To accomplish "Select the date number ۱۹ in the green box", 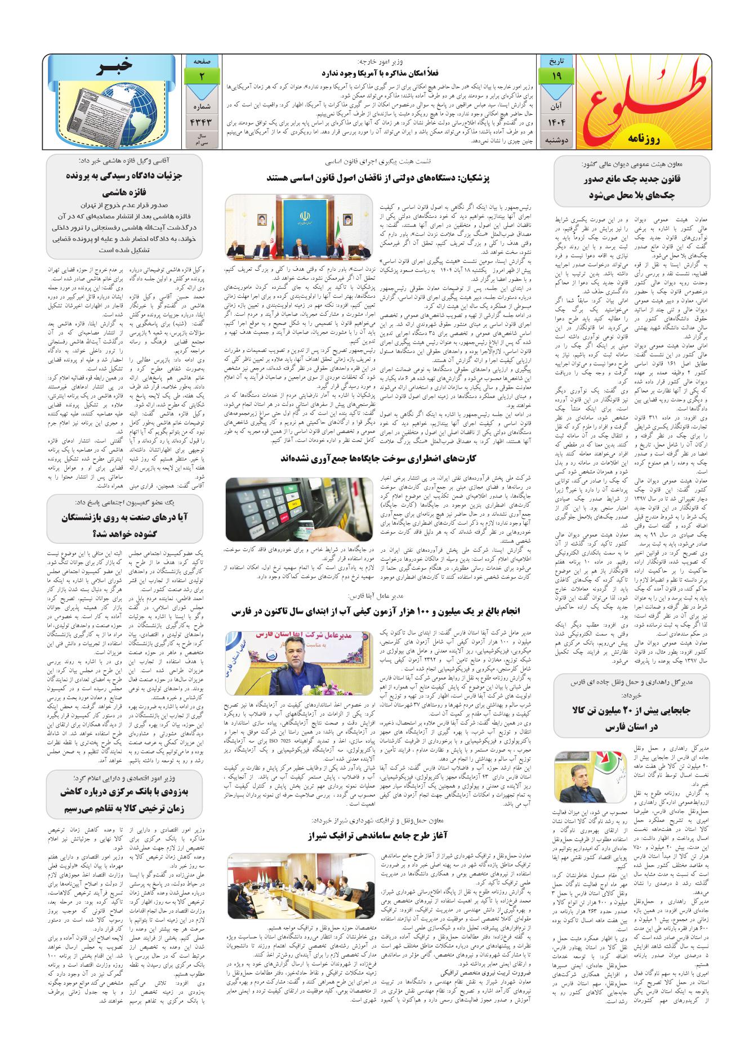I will click(554, 76).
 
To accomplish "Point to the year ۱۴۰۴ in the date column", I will click(554, 122).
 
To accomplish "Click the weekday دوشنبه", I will click(554, 140).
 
